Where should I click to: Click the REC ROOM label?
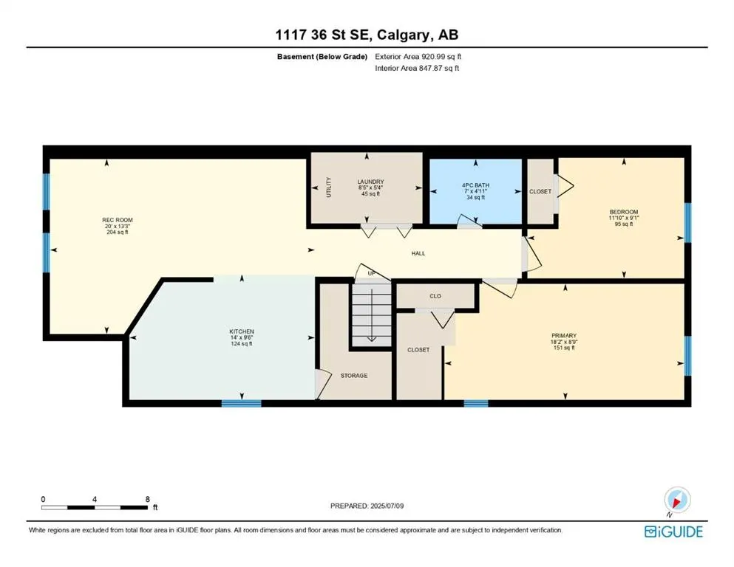[118, 220]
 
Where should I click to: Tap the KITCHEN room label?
[242, 331]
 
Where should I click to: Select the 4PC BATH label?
[475, 185]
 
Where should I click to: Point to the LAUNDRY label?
[371, 182]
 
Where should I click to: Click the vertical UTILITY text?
[329, 188]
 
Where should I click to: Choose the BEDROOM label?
[624, 212]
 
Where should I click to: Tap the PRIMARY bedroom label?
[564, 336]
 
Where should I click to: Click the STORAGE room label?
[354, 375]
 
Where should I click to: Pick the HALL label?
[418, 253]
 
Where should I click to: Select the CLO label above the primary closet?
[435, 296]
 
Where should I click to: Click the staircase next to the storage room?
[372, 314]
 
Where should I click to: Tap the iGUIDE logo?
[673, 532]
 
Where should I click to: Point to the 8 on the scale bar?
[147, 499]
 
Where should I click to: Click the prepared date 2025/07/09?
[387, 506]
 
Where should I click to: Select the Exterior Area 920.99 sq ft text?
[418, 57]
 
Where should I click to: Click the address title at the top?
[367, 35]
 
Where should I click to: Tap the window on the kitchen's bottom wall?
[242, 403]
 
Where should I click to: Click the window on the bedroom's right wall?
[687, 222]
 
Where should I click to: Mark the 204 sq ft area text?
[118, 232]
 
